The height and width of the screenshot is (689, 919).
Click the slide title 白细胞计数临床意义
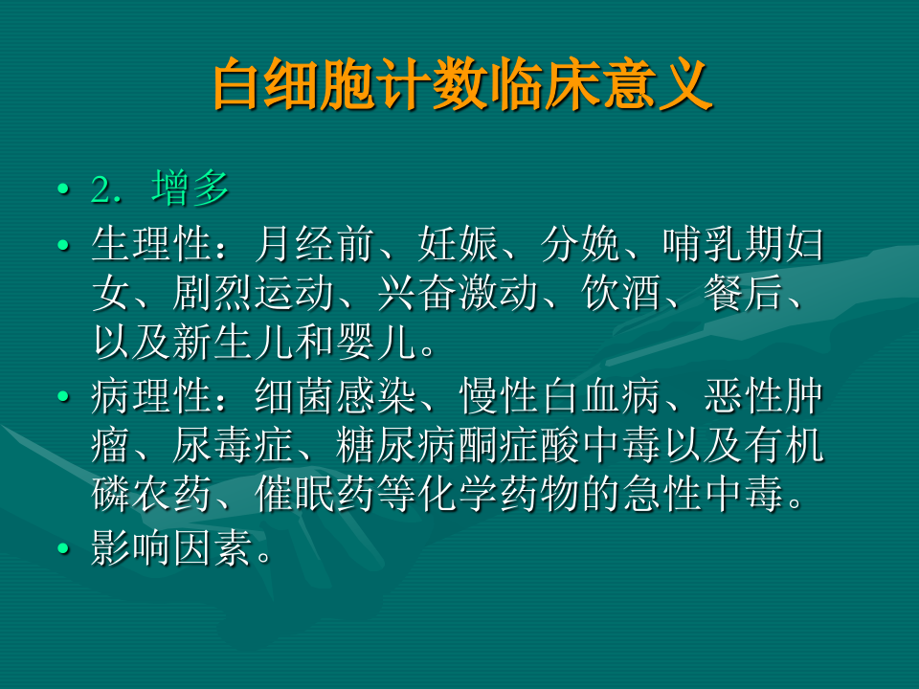click(461, 87)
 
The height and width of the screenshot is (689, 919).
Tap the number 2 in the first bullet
click(101, 190)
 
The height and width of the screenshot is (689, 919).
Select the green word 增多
click(191, 189)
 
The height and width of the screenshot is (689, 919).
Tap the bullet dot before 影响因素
click(64, 549)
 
